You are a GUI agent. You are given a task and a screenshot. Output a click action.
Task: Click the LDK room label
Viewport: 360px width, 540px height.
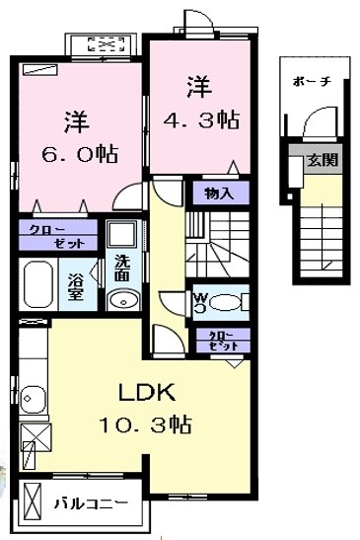pyautogui.click(x=147, y=393)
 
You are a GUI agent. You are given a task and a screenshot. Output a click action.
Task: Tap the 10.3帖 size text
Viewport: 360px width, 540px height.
pyautogui.click(x=145, y=424)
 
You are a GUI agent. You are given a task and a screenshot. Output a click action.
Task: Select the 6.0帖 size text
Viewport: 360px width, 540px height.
pyautogui.click(x=80, y=154)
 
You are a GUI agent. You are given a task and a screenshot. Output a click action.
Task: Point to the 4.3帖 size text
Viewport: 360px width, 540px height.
pyautogui.click(x=201, y=120)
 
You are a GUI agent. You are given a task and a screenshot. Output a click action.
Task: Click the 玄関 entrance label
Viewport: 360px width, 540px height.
pyautogui.click(x=323, y=160)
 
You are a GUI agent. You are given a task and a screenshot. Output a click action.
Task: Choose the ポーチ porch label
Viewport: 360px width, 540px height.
pyautogui.click(x=312, y=82)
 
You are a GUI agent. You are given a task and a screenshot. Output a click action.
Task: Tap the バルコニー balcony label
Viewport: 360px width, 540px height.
pyautogui.click(x=91, y=503)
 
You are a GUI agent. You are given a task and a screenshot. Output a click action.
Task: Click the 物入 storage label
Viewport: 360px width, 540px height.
pyautogui.click(x=219, y=193)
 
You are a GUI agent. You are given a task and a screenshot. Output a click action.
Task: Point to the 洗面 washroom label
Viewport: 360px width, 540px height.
pyautogui.click(x=122, y=268)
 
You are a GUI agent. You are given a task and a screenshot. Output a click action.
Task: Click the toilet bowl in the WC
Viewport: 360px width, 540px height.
pyautogui.click(x=225, y=302)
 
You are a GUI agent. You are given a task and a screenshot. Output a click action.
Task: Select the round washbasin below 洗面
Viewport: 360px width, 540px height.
pyautogui.click(x=123, y=301)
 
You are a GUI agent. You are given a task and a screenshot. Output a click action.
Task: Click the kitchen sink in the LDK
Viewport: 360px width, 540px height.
pyautogui.click(x=33, y=399)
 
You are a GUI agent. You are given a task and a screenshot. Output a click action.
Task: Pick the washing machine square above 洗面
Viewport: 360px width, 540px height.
pyautogui.click(x=121, y=234)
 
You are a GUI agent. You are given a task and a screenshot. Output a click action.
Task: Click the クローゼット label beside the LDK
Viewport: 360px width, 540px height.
pyautogui.click(x=222, y=341)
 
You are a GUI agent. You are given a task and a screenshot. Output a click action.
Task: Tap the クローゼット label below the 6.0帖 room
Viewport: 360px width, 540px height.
pyautogui.click(x=57, y=236)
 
